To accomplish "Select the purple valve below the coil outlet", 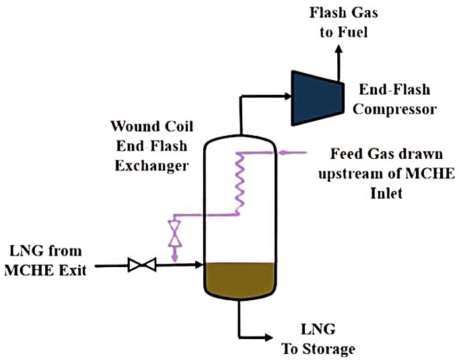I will click(x=174, y=233).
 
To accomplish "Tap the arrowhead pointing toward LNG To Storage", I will click(x=269, y=335).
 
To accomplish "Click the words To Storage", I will click(x=327, y=349).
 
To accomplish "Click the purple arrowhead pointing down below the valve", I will click(x=174, y=258).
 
